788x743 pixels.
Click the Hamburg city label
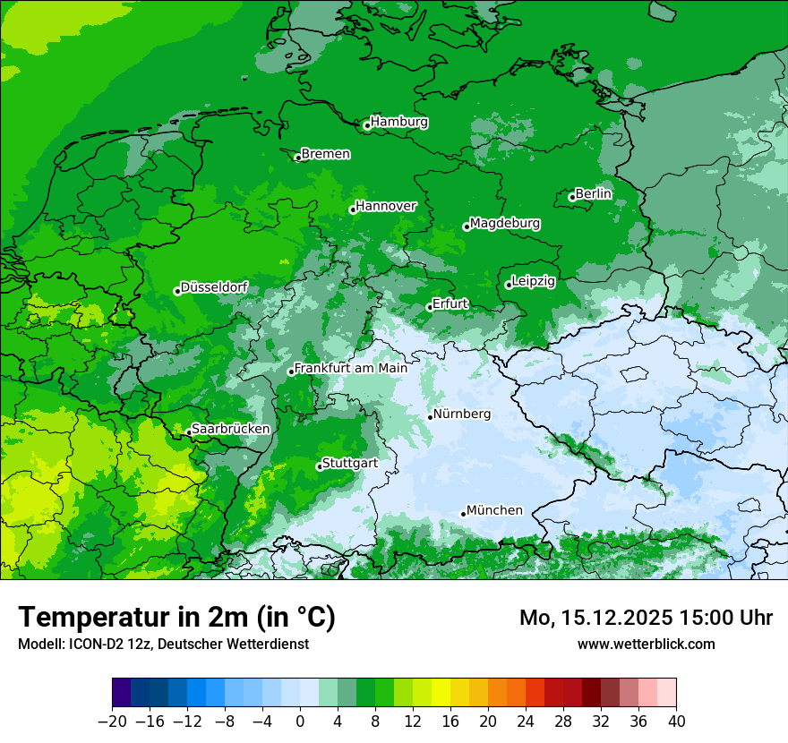pos(399,122)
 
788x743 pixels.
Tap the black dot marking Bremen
pos(298,158)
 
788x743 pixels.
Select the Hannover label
pos(386,206)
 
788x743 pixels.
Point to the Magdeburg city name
pos(505,223)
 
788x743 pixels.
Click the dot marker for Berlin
pos(572,197)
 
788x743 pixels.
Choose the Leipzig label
pos(534,281)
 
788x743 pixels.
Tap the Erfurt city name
pos(450,303)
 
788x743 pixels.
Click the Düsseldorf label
pos(214,287)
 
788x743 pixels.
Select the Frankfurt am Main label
pos(351,368)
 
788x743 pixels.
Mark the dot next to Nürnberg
pos(431,416)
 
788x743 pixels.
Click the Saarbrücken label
pos(230,429)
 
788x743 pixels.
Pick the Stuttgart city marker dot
pos(320,466)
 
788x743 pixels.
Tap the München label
pos(494,510)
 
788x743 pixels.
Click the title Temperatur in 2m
pos(176,617)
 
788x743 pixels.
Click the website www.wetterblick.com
pos(646,644)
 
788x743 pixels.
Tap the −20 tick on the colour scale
pos(112,722)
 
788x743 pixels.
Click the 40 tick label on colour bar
pos(676,722)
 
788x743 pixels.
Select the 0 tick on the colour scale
pos(300,722)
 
